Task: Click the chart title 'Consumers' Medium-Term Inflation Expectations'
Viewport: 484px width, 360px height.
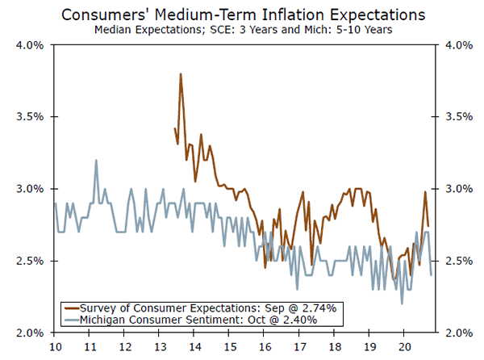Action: tap(241, 15)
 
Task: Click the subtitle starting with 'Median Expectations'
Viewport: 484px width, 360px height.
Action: tap(241, 31)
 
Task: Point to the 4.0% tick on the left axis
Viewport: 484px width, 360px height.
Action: tap(31, 44)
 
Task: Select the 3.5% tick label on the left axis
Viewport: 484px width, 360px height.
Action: tap(31, 116)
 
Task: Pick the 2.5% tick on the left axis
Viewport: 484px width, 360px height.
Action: tap(31, 261)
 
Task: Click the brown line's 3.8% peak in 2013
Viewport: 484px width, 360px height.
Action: tap(181, 74)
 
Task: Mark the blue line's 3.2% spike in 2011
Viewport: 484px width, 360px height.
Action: tap(96, 160)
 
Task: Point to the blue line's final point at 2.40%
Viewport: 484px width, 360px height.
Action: tap(431, 275)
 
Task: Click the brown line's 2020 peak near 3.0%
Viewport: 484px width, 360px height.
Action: tap(424, 192)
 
